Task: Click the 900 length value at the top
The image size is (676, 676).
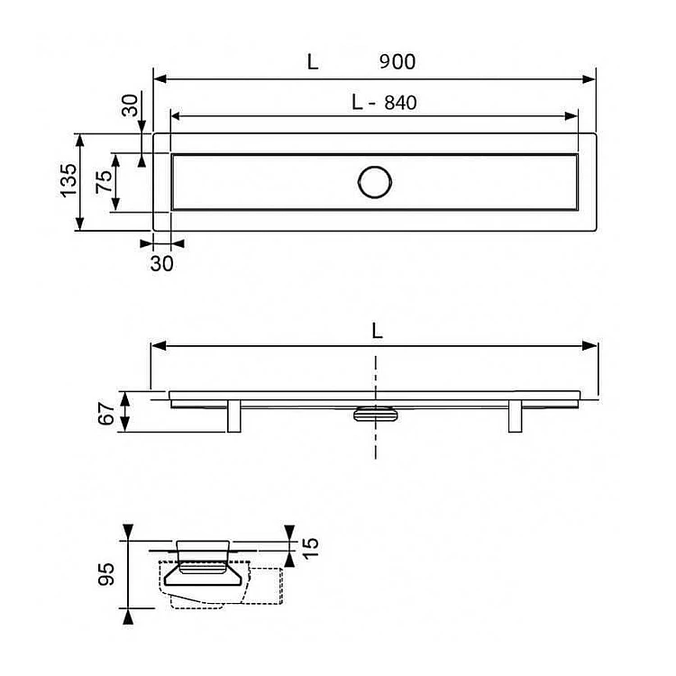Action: [x=397, y=61]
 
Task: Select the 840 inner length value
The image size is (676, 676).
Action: [x=400, y=103]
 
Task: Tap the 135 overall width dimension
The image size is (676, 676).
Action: [x=69, y=180]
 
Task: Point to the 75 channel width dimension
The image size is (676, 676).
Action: [x=104, y=181]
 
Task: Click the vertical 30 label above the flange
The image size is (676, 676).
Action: [x=130, y=105]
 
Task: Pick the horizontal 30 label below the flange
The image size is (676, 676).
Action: [x=161, y=263]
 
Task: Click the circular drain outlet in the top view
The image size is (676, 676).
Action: [x=375, y=182]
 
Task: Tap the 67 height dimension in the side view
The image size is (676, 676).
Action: [x=106, y=413]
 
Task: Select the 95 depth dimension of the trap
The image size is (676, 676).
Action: [x=106, y=574]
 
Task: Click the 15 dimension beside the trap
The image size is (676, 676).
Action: [x=310, y=548]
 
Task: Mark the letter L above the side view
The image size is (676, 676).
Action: [x=378, y=331]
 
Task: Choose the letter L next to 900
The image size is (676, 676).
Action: [x=313, y=61]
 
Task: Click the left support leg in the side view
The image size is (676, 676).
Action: [x=234, y=416]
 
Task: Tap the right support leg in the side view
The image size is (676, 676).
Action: [x=516, y=416]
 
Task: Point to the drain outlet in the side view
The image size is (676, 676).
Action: [x=375, y=413]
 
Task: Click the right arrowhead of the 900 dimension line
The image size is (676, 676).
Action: [x=589, y=79]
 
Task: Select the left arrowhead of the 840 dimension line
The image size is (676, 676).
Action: [x=178, y=115]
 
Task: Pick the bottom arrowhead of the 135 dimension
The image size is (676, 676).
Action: [x=79, y=224]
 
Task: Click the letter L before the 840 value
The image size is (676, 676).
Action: [x=357, y=103]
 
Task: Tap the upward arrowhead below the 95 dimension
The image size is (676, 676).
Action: [x=128, y=617]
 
